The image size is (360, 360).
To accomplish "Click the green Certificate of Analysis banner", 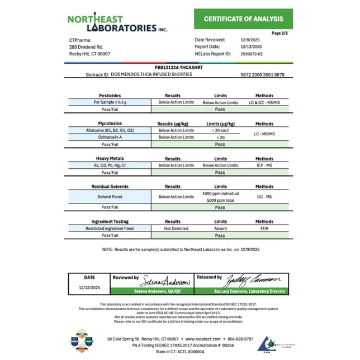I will coord(243,19).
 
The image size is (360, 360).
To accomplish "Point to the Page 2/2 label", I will coord(280,33).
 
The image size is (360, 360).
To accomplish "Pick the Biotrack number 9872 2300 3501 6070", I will coord(262,74).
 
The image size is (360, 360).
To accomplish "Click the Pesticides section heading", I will coord(110,96).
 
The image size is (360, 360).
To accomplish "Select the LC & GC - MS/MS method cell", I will coord(264,103).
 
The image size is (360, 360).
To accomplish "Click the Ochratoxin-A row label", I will coord(110,137).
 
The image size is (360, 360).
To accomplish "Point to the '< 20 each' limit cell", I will coord(220,130).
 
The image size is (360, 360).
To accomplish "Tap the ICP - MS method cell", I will coord(264,165).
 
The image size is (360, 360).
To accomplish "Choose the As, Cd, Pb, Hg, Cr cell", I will coord(110,165).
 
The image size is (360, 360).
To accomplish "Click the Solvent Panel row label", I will coord(110,197).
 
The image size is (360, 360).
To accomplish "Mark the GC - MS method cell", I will coord(264,197).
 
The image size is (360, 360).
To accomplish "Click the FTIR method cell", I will coord(264,229).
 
